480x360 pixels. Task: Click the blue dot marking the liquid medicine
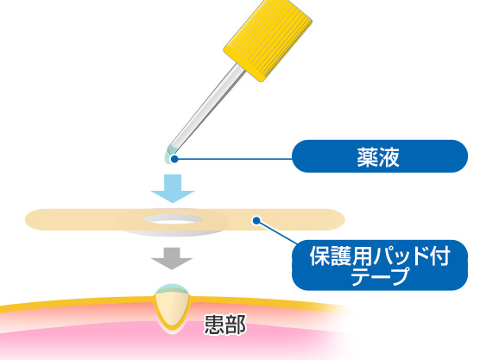tap(174, 159)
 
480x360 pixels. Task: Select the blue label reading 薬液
tap(380, 156)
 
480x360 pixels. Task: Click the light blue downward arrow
tap(173, 188)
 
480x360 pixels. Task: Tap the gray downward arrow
tap(172, 259)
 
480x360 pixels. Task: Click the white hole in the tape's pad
tap(173, 219)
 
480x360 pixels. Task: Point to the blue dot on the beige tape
tap(256, 220)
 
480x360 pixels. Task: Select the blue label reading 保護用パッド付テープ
tap(380, 265)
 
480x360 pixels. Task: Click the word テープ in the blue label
tap(380, 276)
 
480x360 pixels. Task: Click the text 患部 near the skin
tap(225, 325)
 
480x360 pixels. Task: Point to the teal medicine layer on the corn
tap(173, 288)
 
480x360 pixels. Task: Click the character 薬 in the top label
tap(369, 157)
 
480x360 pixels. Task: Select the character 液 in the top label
tap(389, 157)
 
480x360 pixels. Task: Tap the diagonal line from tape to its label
tap(277, 232)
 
